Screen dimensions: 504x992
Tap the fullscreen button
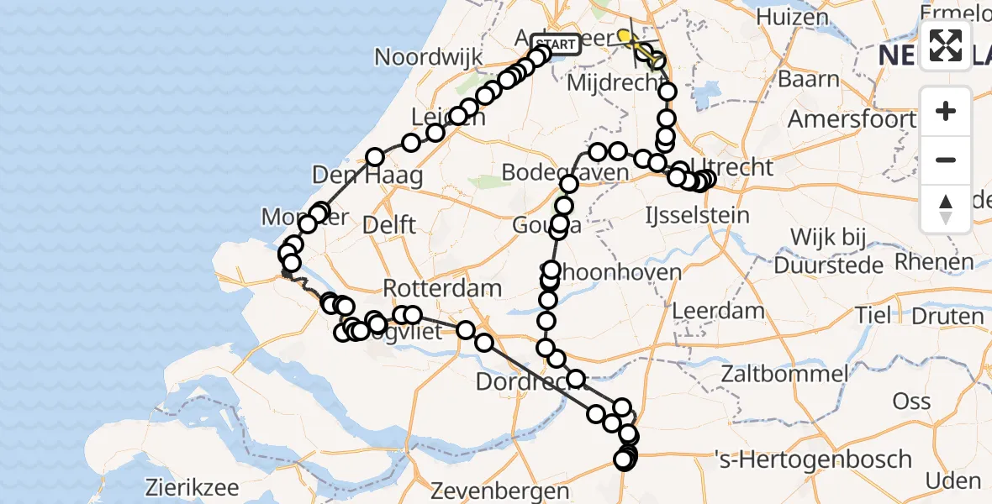click(946, 45)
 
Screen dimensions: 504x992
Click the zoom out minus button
click(946, 160)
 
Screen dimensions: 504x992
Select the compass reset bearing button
click(946, 208)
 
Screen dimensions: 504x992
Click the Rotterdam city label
click(443, 288)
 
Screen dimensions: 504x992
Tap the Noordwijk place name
click(429, 57)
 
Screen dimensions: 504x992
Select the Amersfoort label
click(851, 118)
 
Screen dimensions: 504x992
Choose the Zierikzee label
click(192, 487)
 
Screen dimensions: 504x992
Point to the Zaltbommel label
click(789, 373)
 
